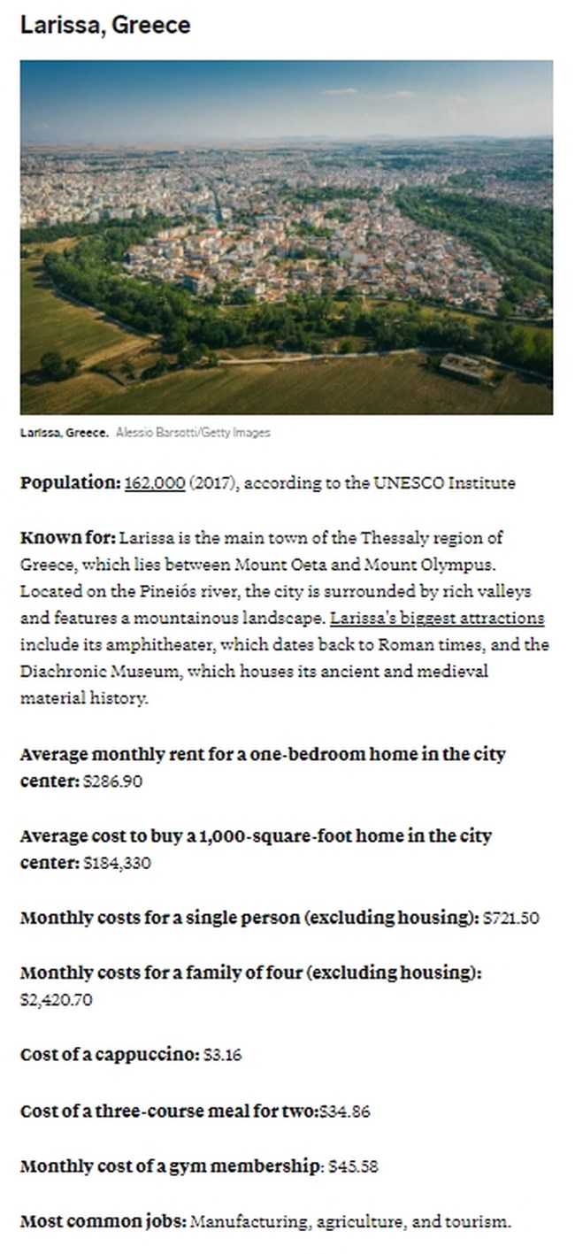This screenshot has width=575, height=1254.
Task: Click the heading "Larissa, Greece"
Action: point(104,25)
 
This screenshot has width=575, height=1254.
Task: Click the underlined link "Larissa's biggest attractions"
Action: point(437,618)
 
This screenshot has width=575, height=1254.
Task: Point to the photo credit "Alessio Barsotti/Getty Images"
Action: point(193,433)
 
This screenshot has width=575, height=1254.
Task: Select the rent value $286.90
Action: point(112,781)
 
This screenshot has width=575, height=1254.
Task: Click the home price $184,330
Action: point(117,863)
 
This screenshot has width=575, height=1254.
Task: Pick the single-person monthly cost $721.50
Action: point(511,918)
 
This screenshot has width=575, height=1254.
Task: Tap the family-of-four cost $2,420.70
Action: point(56,1000)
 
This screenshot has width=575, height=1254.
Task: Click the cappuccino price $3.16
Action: point(222,1055)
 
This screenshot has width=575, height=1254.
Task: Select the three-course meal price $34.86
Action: point(343,1111)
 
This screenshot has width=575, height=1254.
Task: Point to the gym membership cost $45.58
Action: point(353,1166)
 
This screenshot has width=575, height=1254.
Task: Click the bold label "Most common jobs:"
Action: point(103,1222)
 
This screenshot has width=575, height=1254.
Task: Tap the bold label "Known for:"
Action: point(67,537)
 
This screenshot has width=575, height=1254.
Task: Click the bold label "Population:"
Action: point(70,483)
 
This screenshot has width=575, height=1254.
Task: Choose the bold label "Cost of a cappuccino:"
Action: point(109,1055)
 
